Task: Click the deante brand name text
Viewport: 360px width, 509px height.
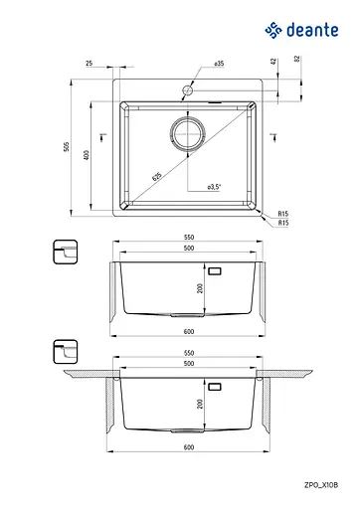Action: [312, 30]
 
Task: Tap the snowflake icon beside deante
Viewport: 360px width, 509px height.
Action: [273, 30]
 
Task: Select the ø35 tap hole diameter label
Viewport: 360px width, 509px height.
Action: [219, 64]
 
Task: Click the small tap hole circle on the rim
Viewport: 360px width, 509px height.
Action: [188, 89]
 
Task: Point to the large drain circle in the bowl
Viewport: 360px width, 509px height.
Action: [188, 133]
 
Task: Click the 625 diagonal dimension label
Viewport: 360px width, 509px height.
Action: [157, 176]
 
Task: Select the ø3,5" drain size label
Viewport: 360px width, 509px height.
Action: [214, 187]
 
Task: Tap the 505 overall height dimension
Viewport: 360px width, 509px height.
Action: [67, 147]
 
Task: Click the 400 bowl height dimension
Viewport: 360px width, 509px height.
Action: [87, 155]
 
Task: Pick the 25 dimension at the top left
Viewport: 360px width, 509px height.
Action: [90, 63]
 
